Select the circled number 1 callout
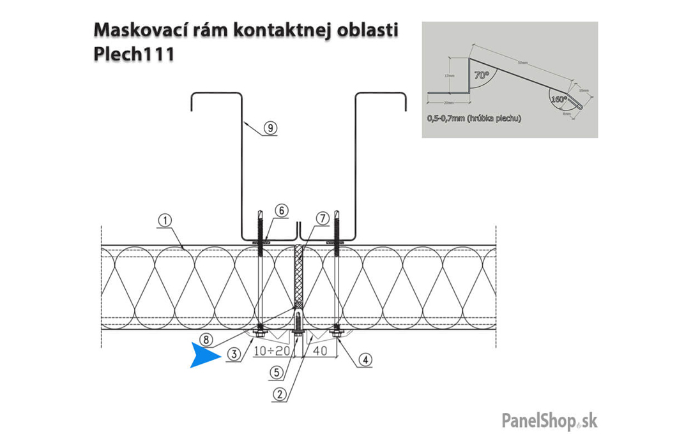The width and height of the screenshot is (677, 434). point(165,221)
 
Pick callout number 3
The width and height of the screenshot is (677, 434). point(236,354)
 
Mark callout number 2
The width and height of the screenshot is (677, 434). point(278,393)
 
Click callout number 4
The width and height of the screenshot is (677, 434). point(363,359)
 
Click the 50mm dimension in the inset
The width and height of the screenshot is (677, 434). point(523,63)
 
